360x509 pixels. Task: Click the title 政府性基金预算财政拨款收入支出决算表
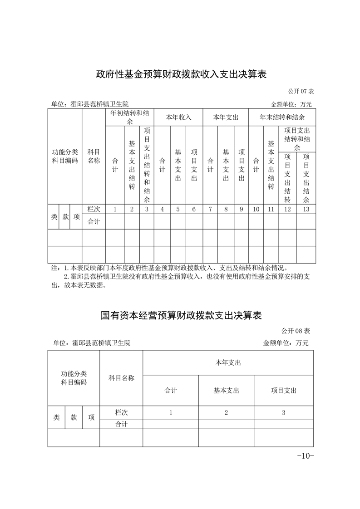pos(181,74)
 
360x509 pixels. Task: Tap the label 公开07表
pos(301,91)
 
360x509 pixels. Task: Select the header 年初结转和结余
pos(131,117)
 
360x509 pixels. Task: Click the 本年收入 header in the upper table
pos(178,117)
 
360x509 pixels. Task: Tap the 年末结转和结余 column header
pos(282,117)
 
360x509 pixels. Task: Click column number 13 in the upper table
pos(306,209)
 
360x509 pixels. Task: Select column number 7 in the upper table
pos(210,209)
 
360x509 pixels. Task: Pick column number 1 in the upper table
pos(115,209)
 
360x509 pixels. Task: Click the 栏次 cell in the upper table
pos(94,209)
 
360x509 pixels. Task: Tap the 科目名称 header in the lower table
pos(121,378)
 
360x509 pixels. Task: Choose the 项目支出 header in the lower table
pos(283,390)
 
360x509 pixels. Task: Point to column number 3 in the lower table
pos(283,412)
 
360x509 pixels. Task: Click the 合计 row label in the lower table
pos(121,424)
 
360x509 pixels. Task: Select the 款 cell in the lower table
pos(74,417)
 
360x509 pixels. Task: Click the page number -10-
pos(305,455)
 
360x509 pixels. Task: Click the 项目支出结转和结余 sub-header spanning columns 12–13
pos(297,139)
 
